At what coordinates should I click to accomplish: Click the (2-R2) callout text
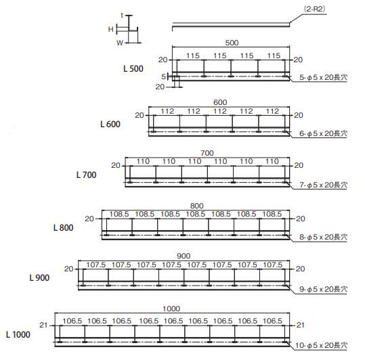click(x=314, y=9)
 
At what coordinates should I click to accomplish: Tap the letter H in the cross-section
click(x=111, y=29)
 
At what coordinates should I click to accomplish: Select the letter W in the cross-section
click(x=120, y=43)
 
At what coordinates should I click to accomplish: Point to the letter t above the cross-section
click(x=122, y=16)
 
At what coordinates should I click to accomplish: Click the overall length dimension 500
click(x=232, y=43)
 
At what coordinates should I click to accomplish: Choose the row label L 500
click(x=133, y=68)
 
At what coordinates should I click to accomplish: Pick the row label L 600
click(x=110, y=125)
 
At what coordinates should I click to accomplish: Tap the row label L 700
click(x=87, y=175)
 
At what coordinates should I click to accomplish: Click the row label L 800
click(x=64, y=227)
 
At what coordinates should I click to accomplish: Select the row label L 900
click(x=39, y=277)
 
